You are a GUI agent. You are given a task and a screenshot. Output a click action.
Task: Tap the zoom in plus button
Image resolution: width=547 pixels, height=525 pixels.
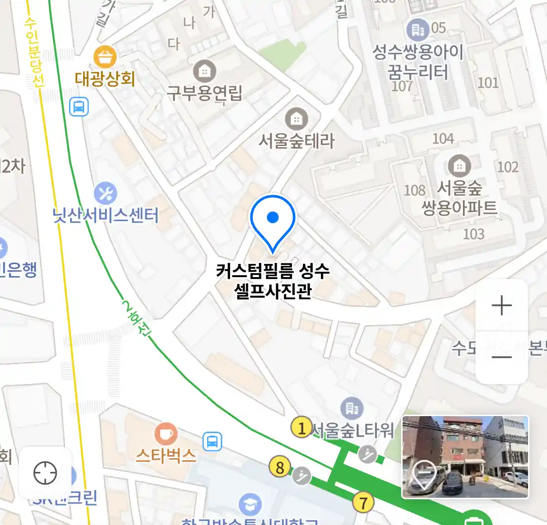(502, 306)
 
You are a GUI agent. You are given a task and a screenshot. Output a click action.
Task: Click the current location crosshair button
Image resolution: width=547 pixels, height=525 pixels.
(45, 472)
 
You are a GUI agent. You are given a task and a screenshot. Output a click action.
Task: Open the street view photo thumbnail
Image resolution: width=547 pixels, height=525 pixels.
(465, 457)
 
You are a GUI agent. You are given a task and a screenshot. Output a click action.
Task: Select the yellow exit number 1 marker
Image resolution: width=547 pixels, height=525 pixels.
(301, 428)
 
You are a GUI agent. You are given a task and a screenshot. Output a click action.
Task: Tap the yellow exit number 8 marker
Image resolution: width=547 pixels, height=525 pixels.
(280, 468)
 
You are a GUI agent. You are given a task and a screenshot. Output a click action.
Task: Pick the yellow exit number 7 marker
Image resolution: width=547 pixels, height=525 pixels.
(363, 502)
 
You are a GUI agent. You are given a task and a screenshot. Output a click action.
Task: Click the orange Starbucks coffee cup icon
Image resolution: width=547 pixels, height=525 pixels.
(166, 434)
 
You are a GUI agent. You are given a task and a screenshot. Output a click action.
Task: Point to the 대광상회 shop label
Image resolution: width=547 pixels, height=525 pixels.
(105, 79)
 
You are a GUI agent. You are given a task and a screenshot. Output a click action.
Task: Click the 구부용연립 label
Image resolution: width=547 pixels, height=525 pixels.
(205, 92)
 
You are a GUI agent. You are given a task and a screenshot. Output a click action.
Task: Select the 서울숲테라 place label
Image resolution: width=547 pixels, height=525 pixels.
(297, 141)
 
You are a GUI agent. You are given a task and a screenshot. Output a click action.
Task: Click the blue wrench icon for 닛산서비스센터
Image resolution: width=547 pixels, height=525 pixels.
(105, 193)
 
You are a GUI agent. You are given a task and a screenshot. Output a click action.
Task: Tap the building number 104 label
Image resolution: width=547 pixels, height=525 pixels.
(443, 139)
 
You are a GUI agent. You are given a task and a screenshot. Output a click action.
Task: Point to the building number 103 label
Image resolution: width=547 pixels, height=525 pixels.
(474, 234)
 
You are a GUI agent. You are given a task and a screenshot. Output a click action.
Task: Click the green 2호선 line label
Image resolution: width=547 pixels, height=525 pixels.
(136, 319)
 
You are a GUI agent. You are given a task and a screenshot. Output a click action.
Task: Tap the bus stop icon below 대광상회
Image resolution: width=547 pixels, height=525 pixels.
(79, 106)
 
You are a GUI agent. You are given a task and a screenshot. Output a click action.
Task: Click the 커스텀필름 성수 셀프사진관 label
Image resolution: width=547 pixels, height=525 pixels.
(273, 281)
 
